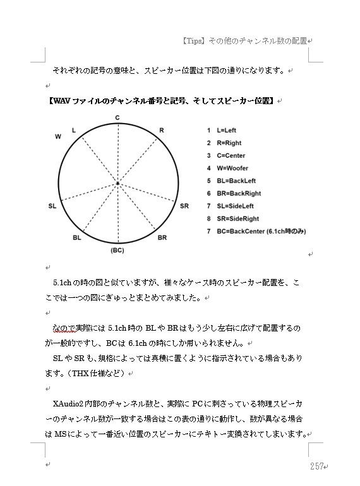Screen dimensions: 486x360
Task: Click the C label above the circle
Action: (x=117, y=118)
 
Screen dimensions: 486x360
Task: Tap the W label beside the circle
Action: (x=58, y=136)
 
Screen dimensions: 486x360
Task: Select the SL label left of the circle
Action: (x=52, y=206)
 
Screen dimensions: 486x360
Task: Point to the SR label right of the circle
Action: (x=184, y=206)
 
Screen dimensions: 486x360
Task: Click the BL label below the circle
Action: (x=77, y=238)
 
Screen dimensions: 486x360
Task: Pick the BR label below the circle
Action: (x=162, y=238)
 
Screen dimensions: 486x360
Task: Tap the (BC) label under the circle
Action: (x=117, y=251)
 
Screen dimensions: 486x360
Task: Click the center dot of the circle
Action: (x=117, y=184)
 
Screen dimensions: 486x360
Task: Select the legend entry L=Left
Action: (x=225, y=131)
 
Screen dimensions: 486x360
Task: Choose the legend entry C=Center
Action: (x=231, y=156)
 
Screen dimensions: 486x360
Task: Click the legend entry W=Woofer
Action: (x=232, y=169)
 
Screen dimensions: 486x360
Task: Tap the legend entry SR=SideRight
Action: (x=237, y=219)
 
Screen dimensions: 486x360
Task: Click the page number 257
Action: (x=316, y=466)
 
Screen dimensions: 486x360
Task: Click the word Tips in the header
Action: (x=193, y=41)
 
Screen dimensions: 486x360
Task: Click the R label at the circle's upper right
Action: (x=162, y=130)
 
